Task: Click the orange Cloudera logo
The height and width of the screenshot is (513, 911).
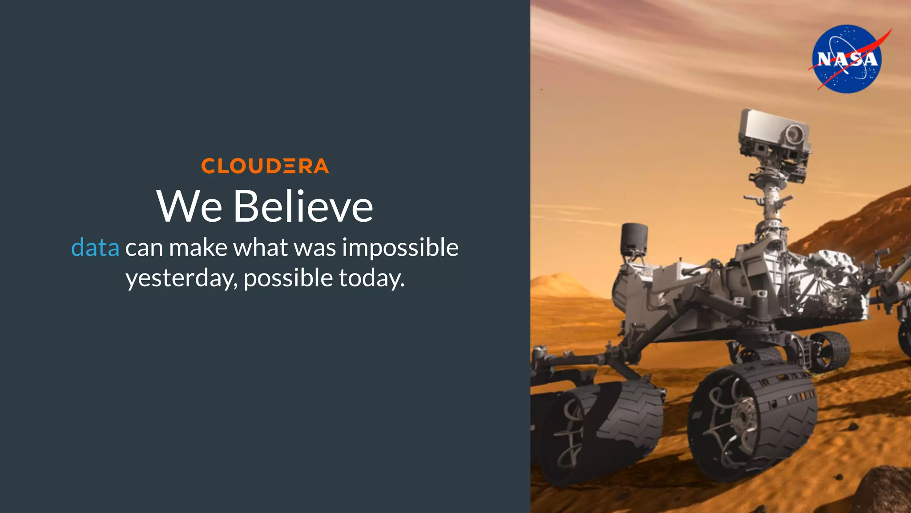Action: coord(265,166)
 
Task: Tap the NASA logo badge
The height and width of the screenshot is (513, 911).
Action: coord(847,59)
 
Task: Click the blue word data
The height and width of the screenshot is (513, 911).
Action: coord(95,248)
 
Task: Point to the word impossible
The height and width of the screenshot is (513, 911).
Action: coord(400,248)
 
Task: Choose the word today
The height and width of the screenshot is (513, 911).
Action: coord(371,278)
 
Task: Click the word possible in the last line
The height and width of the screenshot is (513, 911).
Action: coord(288,278)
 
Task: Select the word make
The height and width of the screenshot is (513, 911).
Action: coord(198,248)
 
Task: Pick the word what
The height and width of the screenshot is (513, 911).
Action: coord(261,248)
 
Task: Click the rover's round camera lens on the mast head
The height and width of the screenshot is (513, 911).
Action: coord(792,133)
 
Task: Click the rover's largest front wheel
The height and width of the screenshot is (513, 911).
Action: coord(753,421)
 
